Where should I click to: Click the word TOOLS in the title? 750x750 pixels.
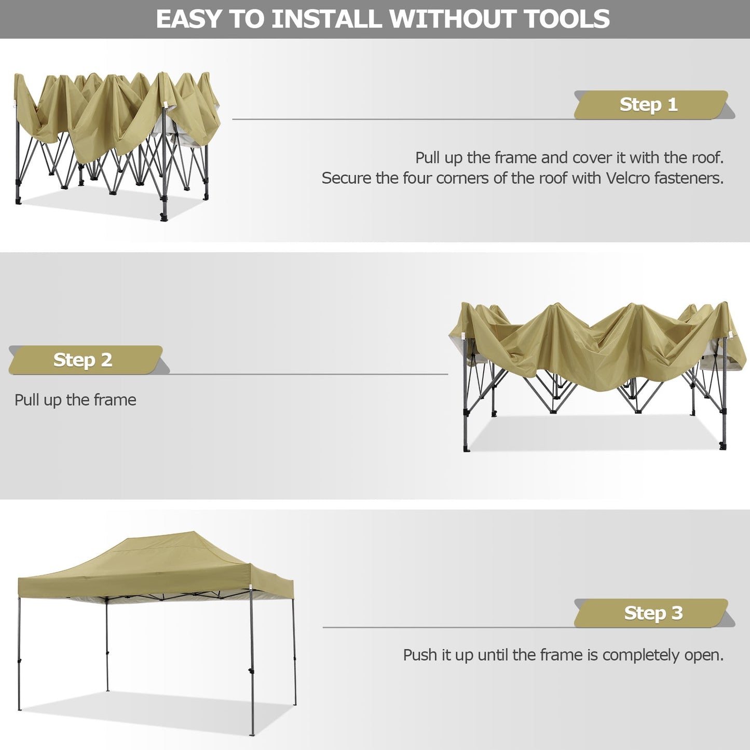coord(566,19)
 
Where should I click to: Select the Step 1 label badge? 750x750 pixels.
coord(649,105)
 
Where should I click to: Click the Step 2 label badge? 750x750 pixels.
coord(83,360)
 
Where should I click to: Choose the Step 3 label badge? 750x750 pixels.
coord(653,613)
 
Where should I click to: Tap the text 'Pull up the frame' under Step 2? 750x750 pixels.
coord(75,400)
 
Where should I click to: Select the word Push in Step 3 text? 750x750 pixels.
coord(421,655)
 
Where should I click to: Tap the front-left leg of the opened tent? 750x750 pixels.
coord(19,654)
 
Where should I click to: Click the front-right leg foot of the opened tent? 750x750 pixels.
coord(253,733)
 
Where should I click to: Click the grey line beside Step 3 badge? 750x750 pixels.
coord(446,627)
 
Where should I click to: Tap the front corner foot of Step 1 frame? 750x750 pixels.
coord(164,217)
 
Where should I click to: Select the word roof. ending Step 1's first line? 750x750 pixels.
coord(708,158)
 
